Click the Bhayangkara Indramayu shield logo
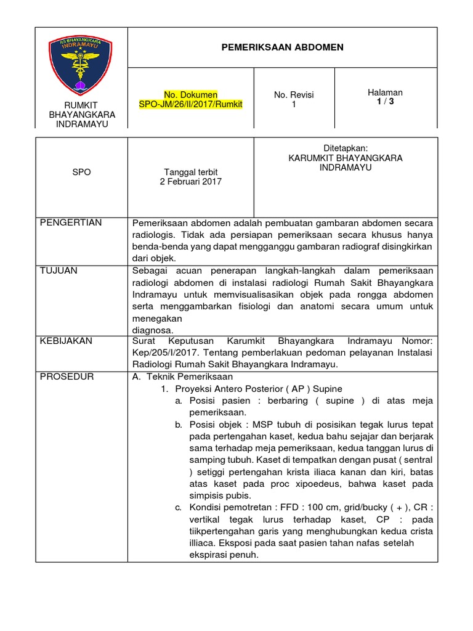click(x=81, y=65)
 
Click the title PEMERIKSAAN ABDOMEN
click(x=283, y=47)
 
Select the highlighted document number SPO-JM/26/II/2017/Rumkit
click(x=190, y=105)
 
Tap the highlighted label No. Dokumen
click(x=190, y=95)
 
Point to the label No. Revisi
click(x=294, y=95)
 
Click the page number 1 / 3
click(x=385, y=102)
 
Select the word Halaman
click(x=385, y=92)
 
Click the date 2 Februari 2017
click(x=191, y=182)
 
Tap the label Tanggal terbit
click(x=191, y=172)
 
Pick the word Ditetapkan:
click(x=346, y=149)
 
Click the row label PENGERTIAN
click(x=71, y=222)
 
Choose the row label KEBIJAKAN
click(x=66, y=340)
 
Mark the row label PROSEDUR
click(x=67, y=377)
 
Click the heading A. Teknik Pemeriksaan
click(x=182, y=377)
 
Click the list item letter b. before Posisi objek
click(x=177, y=425)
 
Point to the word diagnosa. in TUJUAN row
click(x=153, y=330)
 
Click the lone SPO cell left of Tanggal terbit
click(x=81, y=173)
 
